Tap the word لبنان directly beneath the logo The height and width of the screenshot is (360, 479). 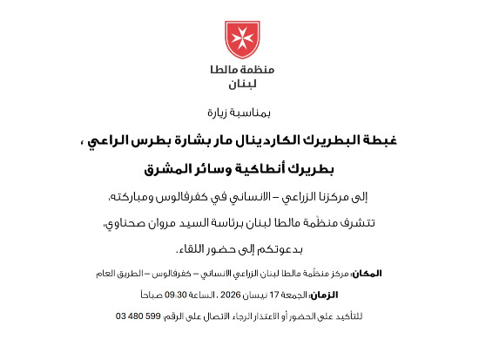(x=242, y=85)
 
